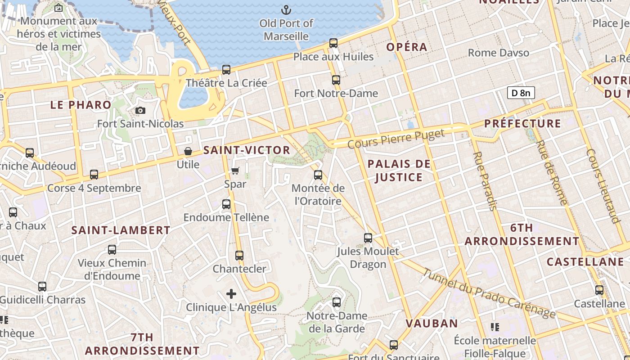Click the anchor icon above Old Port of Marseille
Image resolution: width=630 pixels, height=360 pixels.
pos(286,9)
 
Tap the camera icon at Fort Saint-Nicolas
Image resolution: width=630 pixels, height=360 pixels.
pos(140,110)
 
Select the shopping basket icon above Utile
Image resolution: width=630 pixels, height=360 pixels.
pos(188,151)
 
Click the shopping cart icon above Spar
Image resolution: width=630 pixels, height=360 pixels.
pos(235,171)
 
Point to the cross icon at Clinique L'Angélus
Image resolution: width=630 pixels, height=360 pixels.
pos(231,294)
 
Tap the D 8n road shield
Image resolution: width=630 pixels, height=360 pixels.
pos(521,93)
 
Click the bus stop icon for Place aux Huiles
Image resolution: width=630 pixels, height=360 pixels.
pos(333,43)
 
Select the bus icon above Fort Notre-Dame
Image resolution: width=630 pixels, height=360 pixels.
pos(336,80)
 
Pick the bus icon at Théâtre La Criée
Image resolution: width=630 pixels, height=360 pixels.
pos(226,70)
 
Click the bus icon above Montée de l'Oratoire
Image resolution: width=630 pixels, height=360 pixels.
pos(318,175)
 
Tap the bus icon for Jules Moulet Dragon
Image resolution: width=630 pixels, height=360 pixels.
pos(368,238)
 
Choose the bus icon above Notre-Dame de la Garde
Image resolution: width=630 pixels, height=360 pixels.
pos(337,302)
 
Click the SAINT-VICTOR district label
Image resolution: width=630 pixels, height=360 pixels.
pos(247,150)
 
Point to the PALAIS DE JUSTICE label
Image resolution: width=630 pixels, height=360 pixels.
pos(399,171)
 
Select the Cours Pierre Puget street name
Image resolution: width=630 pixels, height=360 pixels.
pos(396,138)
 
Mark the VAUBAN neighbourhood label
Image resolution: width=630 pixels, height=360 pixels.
pos(432,323)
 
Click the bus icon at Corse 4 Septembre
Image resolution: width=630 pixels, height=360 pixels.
pos(94,174)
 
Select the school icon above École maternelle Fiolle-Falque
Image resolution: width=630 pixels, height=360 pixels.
pos(495,327)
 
